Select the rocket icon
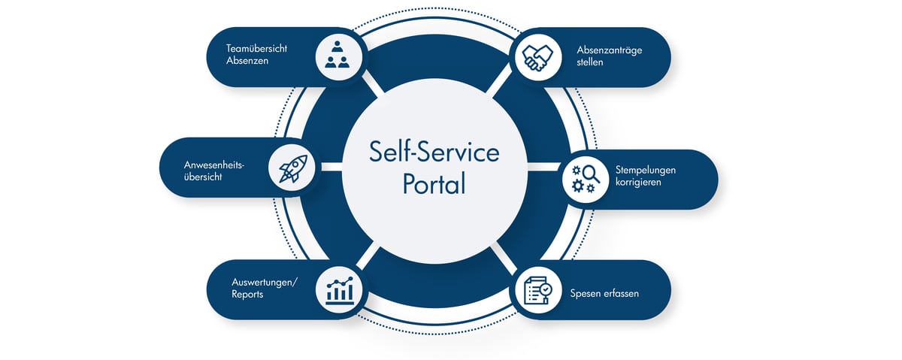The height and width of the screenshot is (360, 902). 292,168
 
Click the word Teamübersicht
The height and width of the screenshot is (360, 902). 256,49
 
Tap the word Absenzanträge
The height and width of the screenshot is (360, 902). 610,50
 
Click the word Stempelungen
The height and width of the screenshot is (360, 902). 646,170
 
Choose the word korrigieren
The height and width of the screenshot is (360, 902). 639,183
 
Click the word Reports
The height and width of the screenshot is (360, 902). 247,294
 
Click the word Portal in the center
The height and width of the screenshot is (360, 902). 434,183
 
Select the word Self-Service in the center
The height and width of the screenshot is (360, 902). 434,153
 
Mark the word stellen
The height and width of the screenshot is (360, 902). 590,62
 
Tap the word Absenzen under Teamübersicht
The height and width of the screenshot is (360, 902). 247,61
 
